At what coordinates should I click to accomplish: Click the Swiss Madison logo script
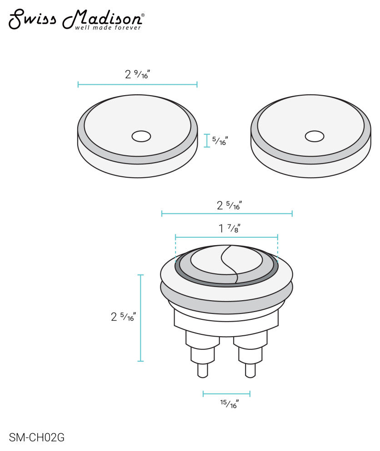(x=75, y=18)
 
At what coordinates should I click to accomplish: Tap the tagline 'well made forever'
(x=108, y=28)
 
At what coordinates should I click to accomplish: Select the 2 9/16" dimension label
(x=137, y=74)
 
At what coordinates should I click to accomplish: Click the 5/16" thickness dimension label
(x=220, y=141)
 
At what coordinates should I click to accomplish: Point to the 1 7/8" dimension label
(x=229, y=228)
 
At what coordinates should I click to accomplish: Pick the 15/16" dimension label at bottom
(x=229, y=403)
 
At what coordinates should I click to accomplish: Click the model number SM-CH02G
(x=36, y=438)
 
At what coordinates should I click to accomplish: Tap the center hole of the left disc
(x=141, y=136)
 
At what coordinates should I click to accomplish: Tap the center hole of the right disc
(x=315, y=136)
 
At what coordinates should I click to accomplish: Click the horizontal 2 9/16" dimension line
(x=137, y=84)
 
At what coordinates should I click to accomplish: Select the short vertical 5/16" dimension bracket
(x=207, y=141)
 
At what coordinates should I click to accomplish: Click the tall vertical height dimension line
(x=140, y=318)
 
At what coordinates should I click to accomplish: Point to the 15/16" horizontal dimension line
(x=226, y=394)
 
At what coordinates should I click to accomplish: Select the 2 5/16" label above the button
(x=229, y=205)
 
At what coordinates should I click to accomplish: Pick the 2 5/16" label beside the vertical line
(x=123, y=317)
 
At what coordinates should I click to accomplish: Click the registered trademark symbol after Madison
(x=143, y=15)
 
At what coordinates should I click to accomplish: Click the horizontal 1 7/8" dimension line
(x=226, y=237)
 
